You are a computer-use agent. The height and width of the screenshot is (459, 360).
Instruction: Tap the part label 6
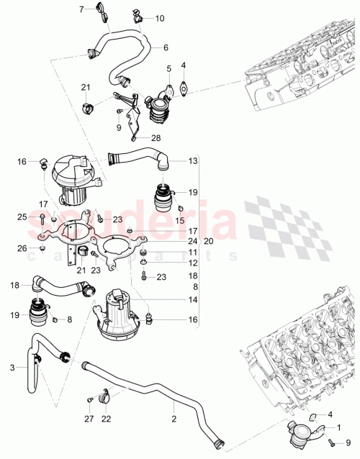pyautogui.click(x=166, y=48)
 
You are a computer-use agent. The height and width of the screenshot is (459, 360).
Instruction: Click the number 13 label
pyautogui.click(x=192, y=162)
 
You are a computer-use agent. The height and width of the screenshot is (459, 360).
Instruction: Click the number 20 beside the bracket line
pyautogui.click(x=210, y=242)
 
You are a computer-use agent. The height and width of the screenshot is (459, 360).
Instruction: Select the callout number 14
pyautogui.click(x=192, y=299)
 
